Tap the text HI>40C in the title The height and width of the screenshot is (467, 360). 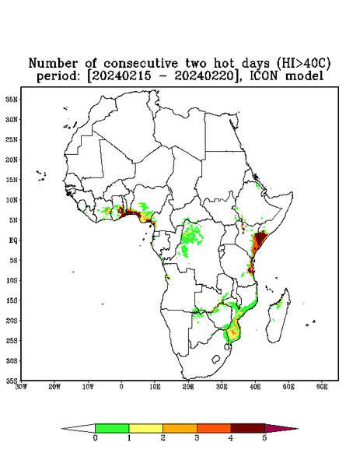303,63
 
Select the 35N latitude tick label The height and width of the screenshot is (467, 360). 12,99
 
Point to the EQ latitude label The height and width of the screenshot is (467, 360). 12,240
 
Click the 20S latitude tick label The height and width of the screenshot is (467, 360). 12,321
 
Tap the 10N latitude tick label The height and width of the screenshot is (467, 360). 12,200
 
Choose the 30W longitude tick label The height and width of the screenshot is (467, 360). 21,387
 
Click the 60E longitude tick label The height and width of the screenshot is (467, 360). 322,387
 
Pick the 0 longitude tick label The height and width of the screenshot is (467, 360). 121,387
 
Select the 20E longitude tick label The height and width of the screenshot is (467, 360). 188,387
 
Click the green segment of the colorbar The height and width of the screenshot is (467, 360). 112,428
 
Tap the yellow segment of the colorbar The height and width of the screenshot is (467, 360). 145,428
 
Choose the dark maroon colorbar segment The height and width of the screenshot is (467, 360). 248,428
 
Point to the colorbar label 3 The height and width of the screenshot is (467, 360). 197,438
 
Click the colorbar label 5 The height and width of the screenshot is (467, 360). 264,438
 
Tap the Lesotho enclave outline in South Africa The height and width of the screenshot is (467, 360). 216,359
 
